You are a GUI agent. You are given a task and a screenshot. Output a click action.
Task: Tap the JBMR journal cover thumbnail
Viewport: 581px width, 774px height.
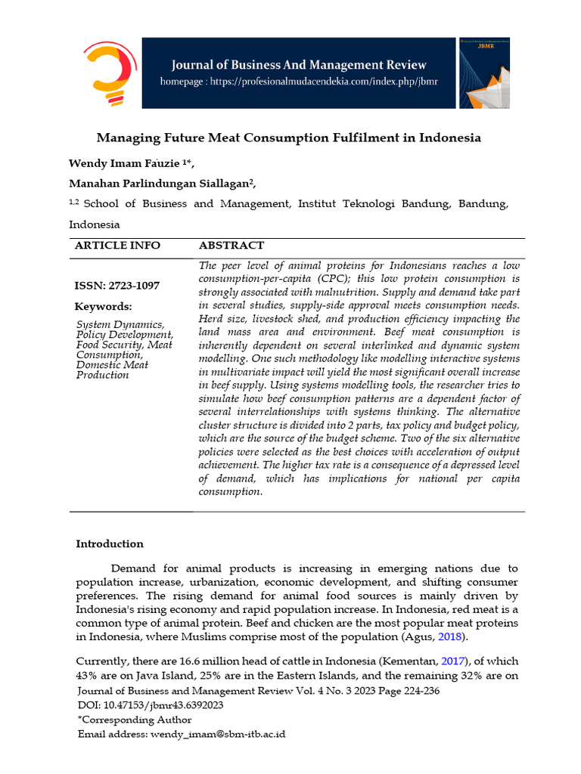(x=483, y=73)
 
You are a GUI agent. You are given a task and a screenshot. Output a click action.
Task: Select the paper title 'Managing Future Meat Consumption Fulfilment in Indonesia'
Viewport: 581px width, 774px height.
(x=289, y=138)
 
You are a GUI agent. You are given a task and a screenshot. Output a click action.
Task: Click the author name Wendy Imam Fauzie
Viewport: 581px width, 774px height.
(x=124, y=163)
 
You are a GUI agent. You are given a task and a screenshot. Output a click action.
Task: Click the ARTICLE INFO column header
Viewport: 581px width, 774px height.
(x=117, y=246)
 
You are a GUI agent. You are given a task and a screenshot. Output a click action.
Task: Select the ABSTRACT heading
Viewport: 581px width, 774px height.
(x=231, y=246)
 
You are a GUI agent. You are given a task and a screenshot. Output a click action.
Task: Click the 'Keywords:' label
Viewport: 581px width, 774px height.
(x=103, y=306)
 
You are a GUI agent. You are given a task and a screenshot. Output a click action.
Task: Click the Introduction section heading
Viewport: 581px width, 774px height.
(x=110, y=543)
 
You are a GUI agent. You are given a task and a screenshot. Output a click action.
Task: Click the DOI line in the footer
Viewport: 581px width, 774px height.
(x=151, y=704)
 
